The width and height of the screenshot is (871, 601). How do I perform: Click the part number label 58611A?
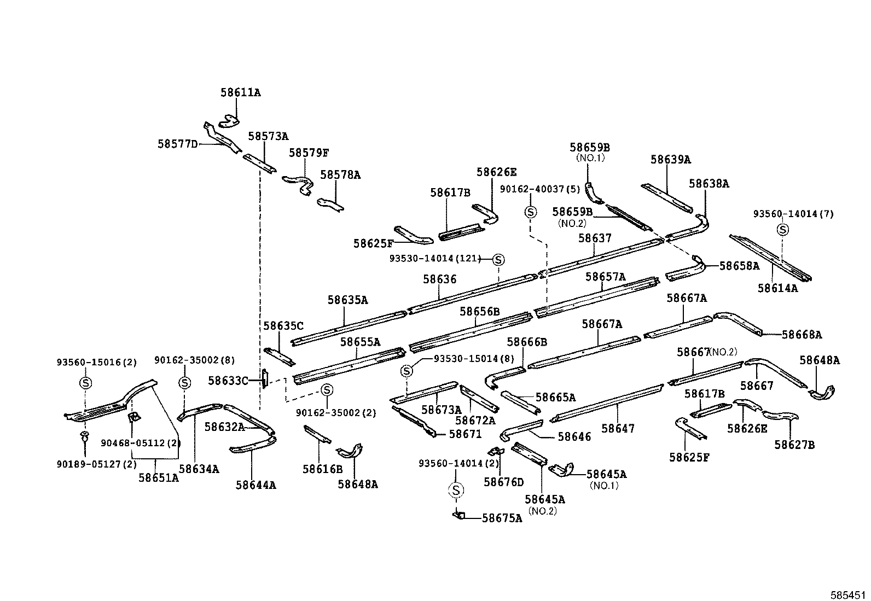pos(241,92)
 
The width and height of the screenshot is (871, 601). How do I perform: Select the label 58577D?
pos(177,144)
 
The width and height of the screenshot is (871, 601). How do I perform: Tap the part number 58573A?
pos(268,136)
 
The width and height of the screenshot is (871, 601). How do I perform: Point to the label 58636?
pos(439,279)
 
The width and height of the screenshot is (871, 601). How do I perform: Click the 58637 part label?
pos(595,238)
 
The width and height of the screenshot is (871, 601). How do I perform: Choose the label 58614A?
pos(777,288)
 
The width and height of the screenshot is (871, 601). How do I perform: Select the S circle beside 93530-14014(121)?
pos(498,260)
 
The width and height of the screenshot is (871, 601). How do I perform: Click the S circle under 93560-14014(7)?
pos(783,230)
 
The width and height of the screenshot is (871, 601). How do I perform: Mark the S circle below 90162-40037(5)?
pos(530,212)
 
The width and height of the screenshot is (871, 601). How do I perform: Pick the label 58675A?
pos(502,518)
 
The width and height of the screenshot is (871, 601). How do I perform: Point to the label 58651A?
pos(158,477)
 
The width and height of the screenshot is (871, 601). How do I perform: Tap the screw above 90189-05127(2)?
pos(85,436)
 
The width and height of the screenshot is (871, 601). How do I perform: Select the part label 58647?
pos(618,428)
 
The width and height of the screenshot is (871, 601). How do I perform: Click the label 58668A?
pos(802,335)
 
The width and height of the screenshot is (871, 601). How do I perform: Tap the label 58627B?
pos(794,445)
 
